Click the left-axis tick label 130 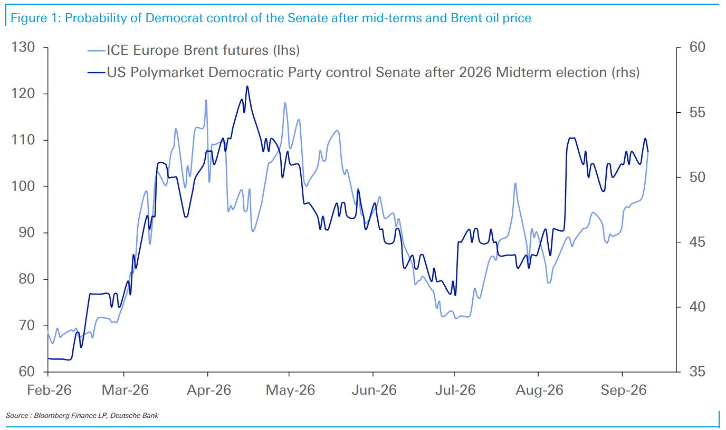tap(23, 47)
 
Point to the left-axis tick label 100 tap(23, 186)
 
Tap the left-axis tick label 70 tap(27, 325)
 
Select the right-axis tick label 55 tap(697, 112)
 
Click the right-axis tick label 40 tap(697, 307)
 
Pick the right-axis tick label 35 tap(697, 372)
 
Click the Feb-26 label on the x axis tap(49, 390)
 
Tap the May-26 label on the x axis tap(290, 390)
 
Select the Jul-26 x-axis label tap(455, 390)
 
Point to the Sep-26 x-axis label tap(624, 390)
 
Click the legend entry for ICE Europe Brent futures tap(194, 51)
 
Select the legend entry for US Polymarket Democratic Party tap(364, 72)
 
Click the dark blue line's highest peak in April tap(247, 86)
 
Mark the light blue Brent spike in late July tap(515, 183)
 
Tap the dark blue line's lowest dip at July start tap(455, 295)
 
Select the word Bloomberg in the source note tap(52, 415)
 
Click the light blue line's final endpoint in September tap(648, 152)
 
